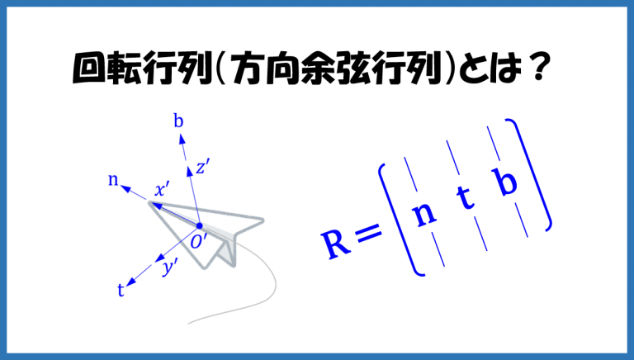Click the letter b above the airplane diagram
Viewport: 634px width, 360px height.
coord(178,121)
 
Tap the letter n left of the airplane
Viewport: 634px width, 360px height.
coord(113,180)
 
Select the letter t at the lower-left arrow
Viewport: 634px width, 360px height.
coord(121,290)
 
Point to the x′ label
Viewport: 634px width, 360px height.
coord(162,189)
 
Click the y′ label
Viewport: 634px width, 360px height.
coord(170,268)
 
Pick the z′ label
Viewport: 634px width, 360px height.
coord(202,166)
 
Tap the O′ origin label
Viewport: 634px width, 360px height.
coord(199,242)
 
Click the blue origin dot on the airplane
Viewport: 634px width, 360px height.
coord(199,225)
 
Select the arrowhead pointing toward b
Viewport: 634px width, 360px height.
coord(182,140)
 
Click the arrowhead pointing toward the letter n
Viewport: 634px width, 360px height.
coord(125,188)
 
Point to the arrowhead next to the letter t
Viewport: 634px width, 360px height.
coord(132,282)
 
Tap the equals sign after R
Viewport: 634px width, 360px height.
coord(369,233)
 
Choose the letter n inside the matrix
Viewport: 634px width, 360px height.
coord(424,214)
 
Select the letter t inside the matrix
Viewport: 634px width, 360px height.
coord(465,197)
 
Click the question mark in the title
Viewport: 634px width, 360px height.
coord(538,68)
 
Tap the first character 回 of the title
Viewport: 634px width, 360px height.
coord(87,69)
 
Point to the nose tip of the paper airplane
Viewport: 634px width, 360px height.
coord(150,203)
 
